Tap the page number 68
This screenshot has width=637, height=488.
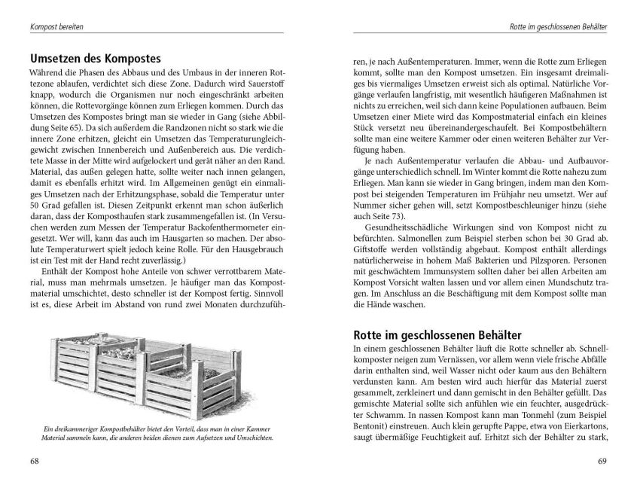[35, 461]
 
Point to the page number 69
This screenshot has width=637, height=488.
[602, 461]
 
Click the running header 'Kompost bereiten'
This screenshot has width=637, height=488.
[56, 27]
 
